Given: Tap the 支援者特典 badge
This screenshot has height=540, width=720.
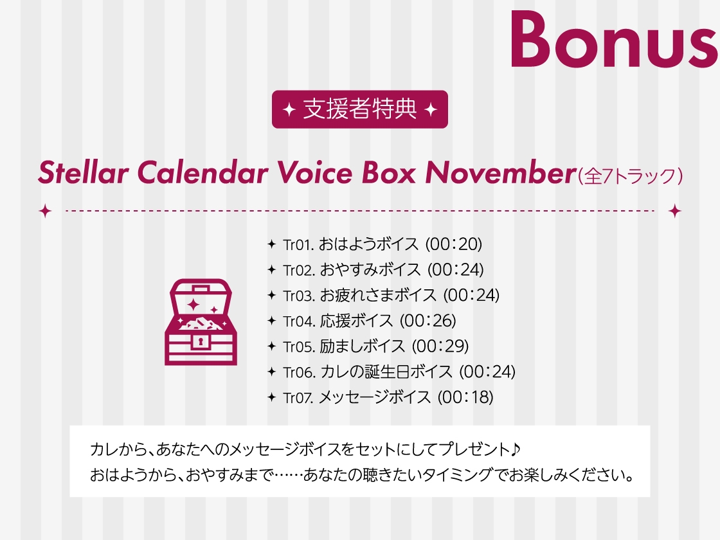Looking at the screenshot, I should (x=359, y=109).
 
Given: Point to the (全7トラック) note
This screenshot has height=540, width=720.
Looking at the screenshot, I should (x=629, y=175).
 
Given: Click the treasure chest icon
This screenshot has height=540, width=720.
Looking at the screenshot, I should (x=201, y=321).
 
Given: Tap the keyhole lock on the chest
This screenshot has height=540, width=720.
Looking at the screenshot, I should (x=201, y=341).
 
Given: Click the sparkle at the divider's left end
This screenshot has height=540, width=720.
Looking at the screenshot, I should (x=45, y=211).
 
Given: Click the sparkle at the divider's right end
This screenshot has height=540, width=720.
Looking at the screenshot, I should (x=674, y=211).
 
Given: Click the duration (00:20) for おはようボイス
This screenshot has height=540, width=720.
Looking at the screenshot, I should (x=453, y=244).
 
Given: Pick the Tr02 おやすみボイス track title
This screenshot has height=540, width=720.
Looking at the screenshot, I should (x=370, y=270).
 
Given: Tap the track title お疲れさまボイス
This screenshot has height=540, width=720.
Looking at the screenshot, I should (x=378, y=295).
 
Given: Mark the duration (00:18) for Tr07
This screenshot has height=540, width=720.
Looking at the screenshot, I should (x=465, y=397).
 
